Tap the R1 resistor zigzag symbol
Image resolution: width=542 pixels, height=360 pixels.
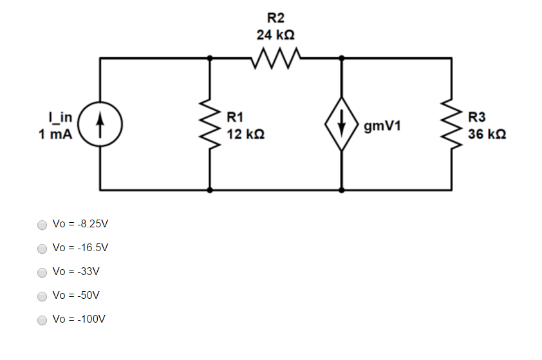210,124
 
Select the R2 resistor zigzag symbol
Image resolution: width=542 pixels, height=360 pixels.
276,58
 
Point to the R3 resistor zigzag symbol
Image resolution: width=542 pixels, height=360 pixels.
451,124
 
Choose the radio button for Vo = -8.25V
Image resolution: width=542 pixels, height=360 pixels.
42,225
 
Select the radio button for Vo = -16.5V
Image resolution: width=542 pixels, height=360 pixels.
42,249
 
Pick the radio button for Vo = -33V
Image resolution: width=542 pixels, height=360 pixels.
42,272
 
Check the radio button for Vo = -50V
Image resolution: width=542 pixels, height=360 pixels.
42,296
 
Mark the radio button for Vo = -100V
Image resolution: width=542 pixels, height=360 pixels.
42,320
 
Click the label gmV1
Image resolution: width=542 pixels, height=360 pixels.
382,126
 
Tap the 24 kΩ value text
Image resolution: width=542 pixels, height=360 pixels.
276,35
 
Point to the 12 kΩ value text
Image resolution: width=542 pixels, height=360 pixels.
246,134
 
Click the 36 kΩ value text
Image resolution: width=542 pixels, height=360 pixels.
487,134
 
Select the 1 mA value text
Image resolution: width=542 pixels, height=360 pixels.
55,134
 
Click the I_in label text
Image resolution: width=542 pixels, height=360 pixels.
61,118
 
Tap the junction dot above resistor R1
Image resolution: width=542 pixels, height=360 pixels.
210,58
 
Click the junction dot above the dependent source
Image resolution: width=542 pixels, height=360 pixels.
342,58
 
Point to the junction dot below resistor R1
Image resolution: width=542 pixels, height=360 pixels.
210,190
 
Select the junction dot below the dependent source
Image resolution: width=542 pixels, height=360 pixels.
342,190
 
